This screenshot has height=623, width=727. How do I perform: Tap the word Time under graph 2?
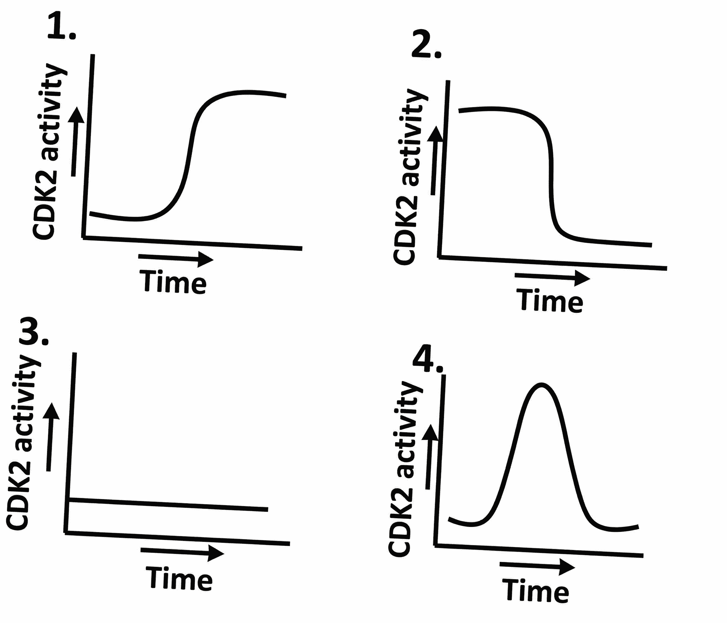tap(549, 300)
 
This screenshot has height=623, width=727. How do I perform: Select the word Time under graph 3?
tap(179, 578)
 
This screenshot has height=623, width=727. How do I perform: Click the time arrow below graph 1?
tap(176, 258)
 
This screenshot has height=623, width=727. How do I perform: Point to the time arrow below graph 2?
tap(552, 278)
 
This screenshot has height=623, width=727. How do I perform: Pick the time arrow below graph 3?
tap(182, 552)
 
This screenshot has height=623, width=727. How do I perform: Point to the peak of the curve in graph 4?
tap(541, 385)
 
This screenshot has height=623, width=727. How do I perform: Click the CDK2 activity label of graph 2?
tap(410, 177)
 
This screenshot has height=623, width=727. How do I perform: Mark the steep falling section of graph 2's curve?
tap(552, 175)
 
